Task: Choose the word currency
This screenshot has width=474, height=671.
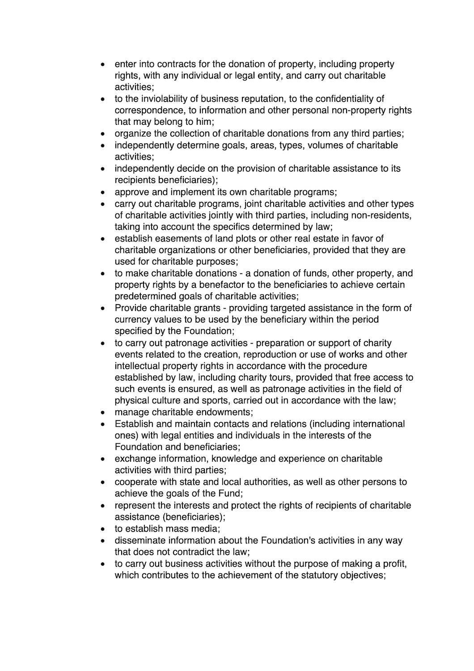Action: tap(133, 319)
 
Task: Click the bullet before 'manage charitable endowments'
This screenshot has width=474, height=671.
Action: tap(103, 412)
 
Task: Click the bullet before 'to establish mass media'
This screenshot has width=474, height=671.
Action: tap(103, 529)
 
